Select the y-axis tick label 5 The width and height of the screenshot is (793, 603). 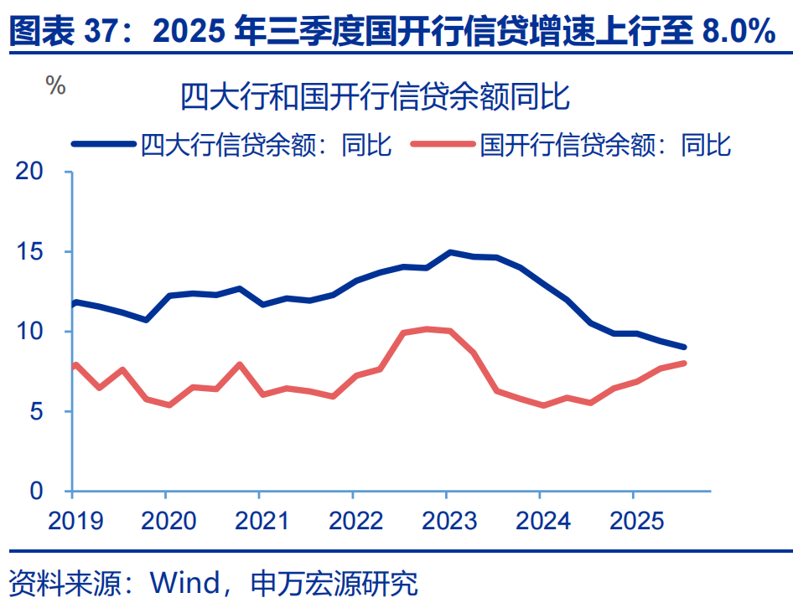click(x=37, y=411)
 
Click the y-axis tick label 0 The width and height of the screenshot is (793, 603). click(x=37, y=491)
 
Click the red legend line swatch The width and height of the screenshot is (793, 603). click(x=443, y=144)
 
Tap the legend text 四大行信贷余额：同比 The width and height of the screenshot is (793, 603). click(x=266, y=145)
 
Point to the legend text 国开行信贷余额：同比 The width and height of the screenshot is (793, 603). click(x=605, y=145)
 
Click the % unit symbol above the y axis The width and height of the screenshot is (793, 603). click(x=55, y=85)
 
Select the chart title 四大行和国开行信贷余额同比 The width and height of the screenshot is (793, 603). click(x=376, y=98)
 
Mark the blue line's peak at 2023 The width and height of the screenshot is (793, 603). click(x=450, y=252)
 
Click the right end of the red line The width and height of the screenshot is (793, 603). click(x=684, y=363)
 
